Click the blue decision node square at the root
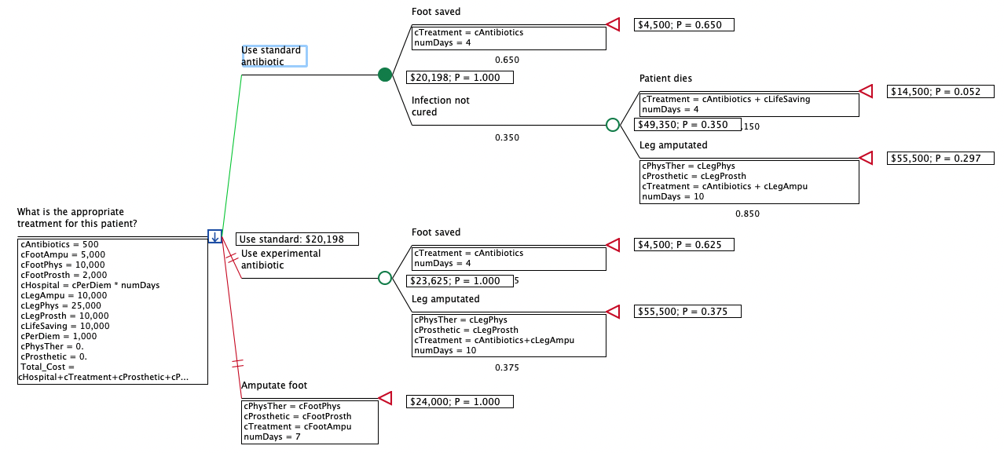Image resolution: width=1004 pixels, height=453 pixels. pos(214,236)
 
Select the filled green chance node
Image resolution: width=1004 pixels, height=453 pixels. pos(385,75)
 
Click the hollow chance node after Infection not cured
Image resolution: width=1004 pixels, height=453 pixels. pos(613,125)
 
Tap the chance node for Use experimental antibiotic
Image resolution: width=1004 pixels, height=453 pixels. pos(385,278)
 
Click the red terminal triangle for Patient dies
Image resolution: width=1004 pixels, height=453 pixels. pos(866,91)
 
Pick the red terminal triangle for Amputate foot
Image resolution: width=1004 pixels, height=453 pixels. pos(385,398)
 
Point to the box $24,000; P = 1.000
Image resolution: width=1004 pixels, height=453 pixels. pos(460,402)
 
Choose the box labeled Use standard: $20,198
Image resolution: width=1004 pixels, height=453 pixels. pos(297,239)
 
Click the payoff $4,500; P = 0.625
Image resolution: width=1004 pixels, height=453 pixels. pos(683,245)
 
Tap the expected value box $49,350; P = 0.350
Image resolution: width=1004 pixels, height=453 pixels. pos(687,125)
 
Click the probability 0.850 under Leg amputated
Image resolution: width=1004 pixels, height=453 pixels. pos(747,214)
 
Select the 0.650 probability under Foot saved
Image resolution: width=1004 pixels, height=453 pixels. pos(507,60)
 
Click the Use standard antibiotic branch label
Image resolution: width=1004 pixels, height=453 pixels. pos(272,56)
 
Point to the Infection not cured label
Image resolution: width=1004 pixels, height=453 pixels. pos(440,106)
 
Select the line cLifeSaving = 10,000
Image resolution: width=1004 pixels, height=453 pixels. pos(64,326)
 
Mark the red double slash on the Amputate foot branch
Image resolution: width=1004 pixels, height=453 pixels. pos(238,363)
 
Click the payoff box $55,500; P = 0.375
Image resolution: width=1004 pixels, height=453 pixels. pos(687,312)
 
